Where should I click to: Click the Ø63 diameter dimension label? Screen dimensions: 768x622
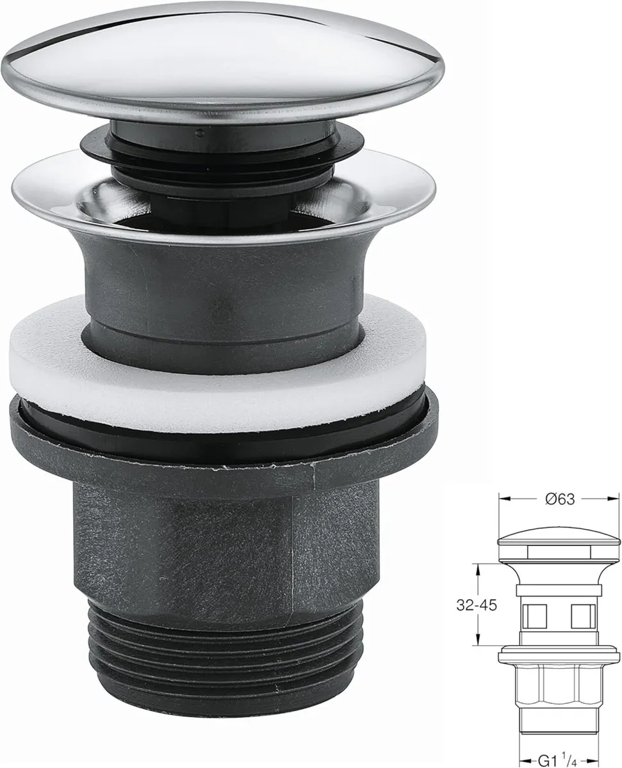pyautogui.click(x=560, y=500)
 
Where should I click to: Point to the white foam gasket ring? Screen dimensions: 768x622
pyautogui.click(x=218, y=378)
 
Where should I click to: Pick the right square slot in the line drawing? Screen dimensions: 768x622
pyautogui.click(x=581, y=616)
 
